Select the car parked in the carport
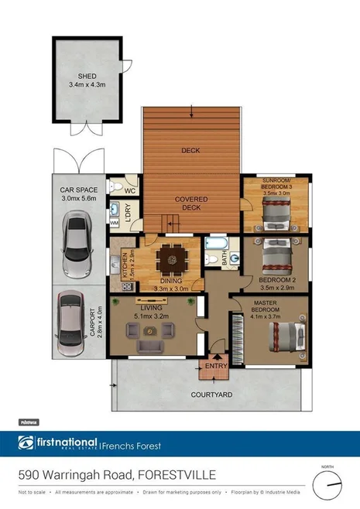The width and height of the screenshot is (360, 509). click(71, 320)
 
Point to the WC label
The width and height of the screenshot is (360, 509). click(131, 190)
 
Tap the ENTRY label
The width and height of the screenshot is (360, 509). click(214, 366)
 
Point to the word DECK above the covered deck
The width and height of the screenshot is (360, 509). click(190, 151)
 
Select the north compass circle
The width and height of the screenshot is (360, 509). click(328, 485)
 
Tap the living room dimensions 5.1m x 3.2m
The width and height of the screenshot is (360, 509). click(150, 316)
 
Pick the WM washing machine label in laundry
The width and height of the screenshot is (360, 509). click(114, 223)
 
